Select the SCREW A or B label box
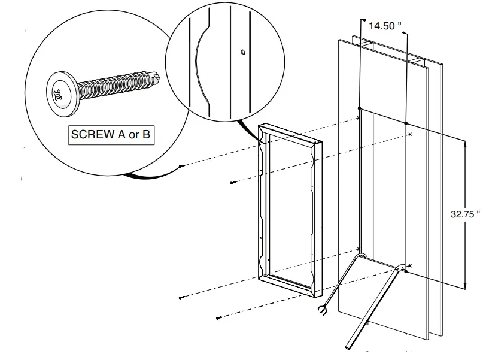tap(110, 134)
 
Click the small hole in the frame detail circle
tap(243, 52)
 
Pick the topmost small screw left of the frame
tap(182, 166)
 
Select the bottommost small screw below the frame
tap(218, 317)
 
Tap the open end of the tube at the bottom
tap(349, 347)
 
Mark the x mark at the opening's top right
tap(409, 134)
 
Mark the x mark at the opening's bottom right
tap(410, 265)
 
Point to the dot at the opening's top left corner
tap(359, 108)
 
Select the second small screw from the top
tap(232, 183)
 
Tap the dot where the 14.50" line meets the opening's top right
tap(406, 123)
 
